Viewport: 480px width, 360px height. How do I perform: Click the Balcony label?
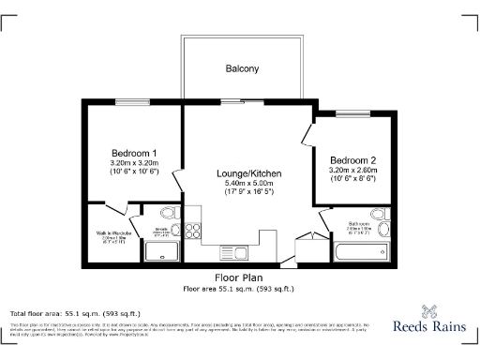coord(241,68)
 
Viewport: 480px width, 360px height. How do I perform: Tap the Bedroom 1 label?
coord(134,153)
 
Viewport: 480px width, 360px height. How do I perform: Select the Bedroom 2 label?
coord(352,159)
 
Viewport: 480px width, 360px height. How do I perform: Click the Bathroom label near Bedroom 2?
coord(360,224)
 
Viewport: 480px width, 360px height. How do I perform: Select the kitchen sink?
coord(235,252)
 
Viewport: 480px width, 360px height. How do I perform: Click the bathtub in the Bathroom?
coord(358,251)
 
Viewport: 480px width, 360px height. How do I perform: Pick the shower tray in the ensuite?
coord(162,251)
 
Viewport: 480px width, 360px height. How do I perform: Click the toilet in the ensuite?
coord(167,215)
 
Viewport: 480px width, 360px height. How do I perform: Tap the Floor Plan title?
coord(238,278)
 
